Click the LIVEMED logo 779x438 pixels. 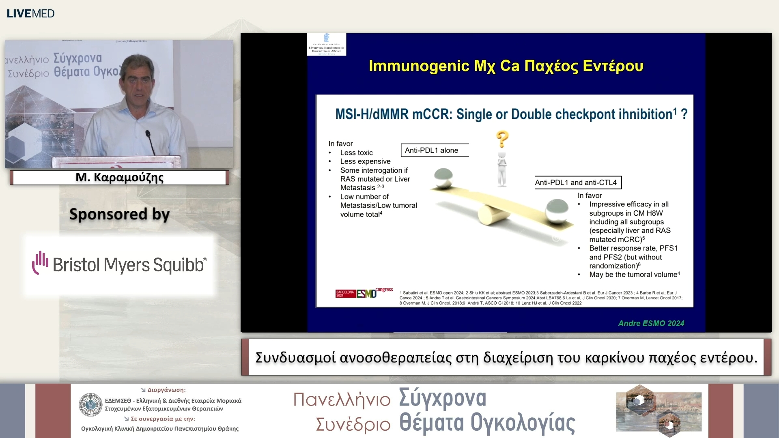pyautogui.click(x=30, y=13)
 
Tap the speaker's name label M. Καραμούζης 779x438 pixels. pyautogui.click(x=120, y=178)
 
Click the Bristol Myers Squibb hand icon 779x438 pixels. pyautogui.click(x=40, y=262)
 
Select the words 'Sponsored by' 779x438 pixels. pyautogui.click(x=119, y=214)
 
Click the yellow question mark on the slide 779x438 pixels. pyautogui.click(x=502, y=139)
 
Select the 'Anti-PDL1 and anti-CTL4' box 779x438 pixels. pyautogui.click(x=577, y=182)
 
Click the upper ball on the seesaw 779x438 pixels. pyautogui.click(x=443, y=178)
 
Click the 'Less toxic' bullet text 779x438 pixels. pyautogui.click(x=356, y=152)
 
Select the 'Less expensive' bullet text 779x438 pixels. pyautogui.click(x=365, y=161)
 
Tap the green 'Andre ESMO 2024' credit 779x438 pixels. pyautogui.click(x=651, y=323)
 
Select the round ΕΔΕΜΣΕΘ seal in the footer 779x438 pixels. pyautogui.click(x=90, y=405)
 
